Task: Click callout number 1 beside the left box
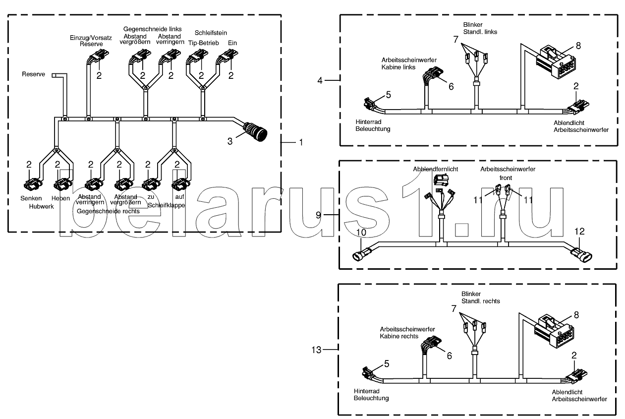coord(300,142)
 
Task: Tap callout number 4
coord(320,79)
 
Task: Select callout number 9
coord(320,215)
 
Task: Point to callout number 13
coord(317,350)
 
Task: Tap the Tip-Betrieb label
coord(200,43)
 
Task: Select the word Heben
coord(60,198)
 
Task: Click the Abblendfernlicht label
coord(436,169)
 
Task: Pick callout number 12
coord(580,231)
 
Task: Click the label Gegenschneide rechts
coord(108,211)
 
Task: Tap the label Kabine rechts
coord(399,336)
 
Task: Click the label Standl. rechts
coord(481,301)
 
